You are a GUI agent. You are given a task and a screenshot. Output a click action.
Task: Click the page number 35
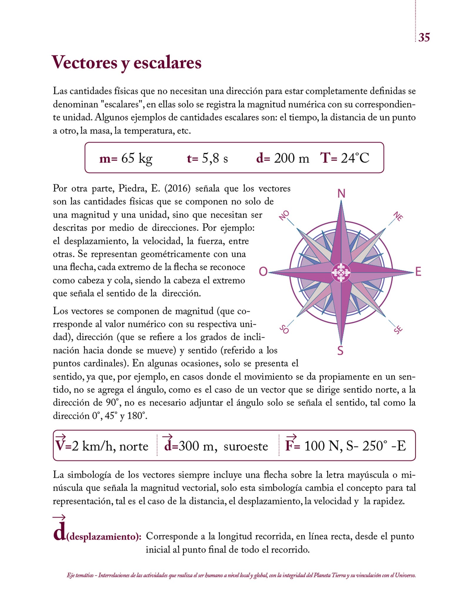[x=424, y=37]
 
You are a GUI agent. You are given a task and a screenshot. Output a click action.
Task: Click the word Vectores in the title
[x=84, y=62]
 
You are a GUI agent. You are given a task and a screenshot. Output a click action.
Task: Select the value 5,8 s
[x=215, y=158]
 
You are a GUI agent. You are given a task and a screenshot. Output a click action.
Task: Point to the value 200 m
[x=291, y=158]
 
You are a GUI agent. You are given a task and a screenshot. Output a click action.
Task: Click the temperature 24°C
[x=355, y=158]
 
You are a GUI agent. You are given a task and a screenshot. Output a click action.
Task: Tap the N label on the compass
[x=341, y=194]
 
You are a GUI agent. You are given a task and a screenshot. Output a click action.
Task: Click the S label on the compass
[x=340, y=350]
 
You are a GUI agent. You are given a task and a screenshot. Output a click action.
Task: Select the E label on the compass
[x=418, y=272]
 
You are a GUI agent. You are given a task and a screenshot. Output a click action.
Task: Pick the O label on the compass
[x=263, y=272]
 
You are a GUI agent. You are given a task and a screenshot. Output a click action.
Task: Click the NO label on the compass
[x=284, y=215]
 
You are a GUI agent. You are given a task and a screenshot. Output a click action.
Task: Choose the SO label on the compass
[x=284, y=329]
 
